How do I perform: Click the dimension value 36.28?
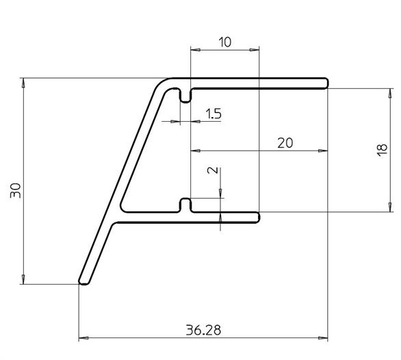[x=203, y=330]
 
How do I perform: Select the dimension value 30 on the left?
[x=15, y=190]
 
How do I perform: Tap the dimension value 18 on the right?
[x=382, y=150]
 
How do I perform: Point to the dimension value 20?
[x=285, y=143]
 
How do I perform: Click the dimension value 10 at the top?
[x=225, y=42]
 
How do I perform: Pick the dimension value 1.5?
[x=214, y=114]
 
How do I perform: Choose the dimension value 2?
[x=213, y=170]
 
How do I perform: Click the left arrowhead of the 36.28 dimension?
[x=83, y=338]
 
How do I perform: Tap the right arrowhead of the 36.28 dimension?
[x=323, y=338]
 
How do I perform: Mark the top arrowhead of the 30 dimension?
[x=23, y=83]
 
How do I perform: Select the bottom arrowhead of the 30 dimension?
[x=23, y=279]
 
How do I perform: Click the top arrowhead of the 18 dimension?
[x=390, y=93]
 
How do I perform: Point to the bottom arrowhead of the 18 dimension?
[x=390, y=207]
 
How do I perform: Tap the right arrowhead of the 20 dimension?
[x=323, y=151]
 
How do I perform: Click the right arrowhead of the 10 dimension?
[x=255, y=50]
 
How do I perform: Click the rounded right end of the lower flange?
[x=258, y=218]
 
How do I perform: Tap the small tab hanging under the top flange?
[x=185, y=96]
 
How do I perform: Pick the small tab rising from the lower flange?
[x=185, y=205]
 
